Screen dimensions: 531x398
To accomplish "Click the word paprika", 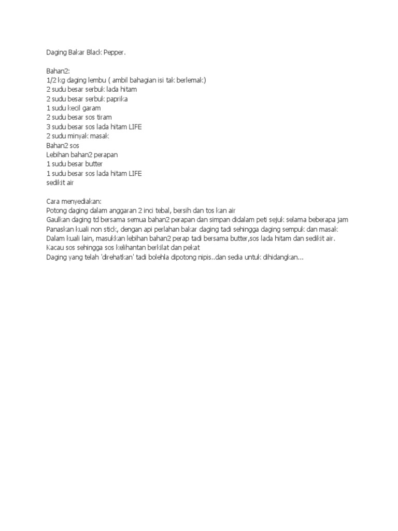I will [117, 99].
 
